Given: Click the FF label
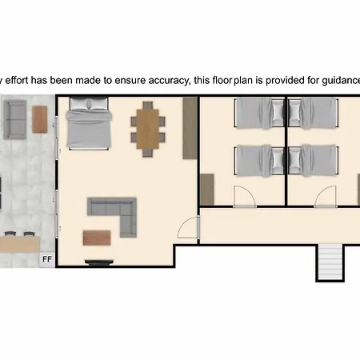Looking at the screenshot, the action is click(x=47, y=259).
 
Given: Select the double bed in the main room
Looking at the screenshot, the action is click(x=89, y=123).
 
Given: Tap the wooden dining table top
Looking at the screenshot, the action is click(x=148, y=129).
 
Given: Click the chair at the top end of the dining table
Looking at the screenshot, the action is click(x=148, y=105).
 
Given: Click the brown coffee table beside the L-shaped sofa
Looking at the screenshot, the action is click(x=97, y=238).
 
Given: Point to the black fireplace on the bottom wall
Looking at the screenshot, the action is click(x=98, y=262).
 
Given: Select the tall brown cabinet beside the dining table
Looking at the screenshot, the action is click(x=190, y=128).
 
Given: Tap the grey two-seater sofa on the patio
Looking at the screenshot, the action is click(x=15, y=119).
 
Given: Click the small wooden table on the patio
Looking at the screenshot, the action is click(x=40, y=119).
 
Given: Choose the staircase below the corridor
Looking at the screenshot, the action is click(x=330, y=262).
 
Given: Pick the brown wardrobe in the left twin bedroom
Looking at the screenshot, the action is click(x=207, y=190).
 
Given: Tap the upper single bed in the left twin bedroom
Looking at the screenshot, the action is click(x=259, y=114).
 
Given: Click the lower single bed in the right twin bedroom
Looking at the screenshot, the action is click(x=314, y=161).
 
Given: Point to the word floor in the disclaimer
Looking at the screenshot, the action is click(x=222, y=80).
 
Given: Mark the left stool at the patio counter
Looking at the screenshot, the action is click(x=10, y=234).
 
